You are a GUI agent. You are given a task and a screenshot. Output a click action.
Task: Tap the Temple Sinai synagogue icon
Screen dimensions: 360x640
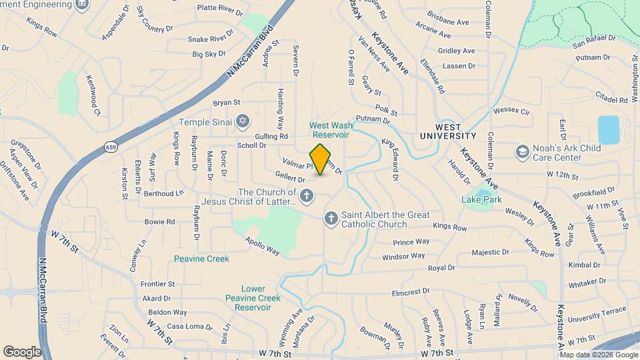click(x=243, y=122)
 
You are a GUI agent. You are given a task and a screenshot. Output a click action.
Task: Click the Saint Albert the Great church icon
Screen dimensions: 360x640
click(x=331, y=219)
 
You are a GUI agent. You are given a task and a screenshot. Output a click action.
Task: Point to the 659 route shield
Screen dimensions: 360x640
click(x=111, y=147)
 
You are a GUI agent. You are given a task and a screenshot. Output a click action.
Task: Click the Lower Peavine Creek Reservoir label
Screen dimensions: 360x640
click(x=248, y=298)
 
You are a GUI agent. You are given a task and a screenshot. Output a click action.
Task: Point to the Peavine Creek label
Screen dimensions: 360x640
click(x=201, y=259)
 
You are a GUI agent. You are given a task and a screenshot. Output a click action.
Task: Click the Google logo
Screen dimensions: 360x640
click(x=22, y=351)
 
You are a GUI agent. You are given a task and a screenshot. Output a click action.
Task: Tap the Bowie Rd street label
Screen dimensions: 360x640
click(x=159, y=221)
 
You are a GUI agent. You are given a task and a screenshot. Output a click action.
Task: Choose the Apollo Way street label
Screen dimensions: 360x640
click(x=262, y=246)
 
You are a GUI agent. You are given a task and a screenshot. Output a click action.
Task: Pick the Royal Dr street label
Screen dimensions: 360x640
click(x=441, y=268)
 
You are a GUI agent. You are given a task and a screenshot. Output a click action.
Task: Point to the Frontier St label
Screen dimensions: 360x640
click(x=157, y=284)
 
